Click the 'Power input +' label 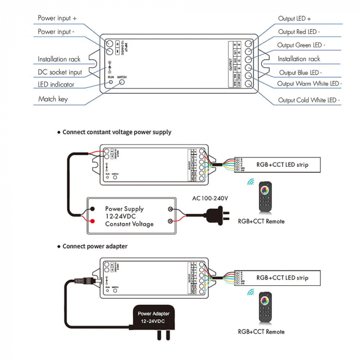[x=57, y=18]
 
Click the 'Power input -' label [x=56, y=32]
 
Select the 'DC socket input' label [x=60, y=73]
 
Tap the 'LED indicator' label [x=56, y=84]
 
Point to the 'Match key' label [x=53, y=99]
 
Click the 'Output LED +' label [x=295, y=19]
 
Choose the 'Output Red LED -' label [x=299, y=32]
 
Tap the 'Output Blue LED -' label [x=301, y=73]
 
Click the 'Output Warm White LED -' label [x=309, y=84]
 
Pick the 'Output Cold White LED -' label [x=309, y=100]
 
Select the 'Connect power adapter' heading [x=95, y=246]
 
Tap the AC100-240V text [x=210, y=198]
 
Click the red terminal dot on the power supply [x=93, y=221]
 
